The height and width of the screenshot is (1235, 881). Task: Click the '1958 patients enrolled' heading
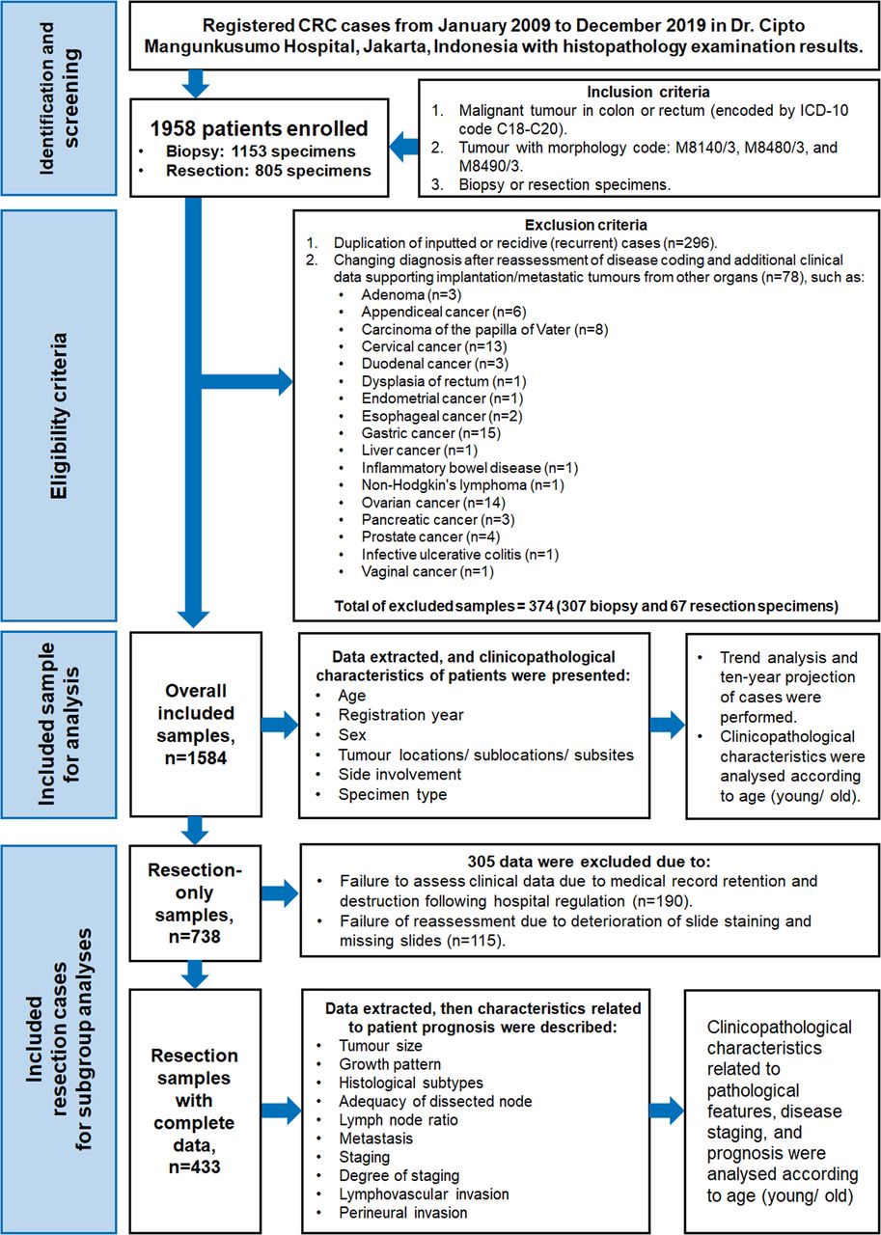pos(259,128)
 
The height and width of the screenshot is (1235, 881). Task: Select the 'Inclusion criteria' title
pos(647,92)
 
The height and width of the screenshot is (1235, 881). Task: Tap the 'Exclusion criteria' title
pos(586,225)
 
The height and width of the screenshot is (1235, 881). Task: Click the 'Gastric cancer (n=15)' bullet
pos(430,433)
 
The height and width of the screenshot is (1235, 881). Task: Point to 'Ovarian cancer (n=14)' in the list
pos(433,503)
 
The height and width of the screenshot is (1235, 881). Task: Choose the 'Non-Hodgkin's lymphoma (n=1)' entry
pos(462,485)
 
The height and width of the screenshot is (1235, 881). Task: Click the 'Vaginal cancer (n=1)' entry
pos(427,572)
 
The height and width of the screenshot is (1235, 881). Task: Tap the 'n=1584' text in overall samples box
pos(196,757)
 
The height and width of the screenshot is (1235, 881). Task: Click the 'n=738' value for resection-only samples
pos(195,936)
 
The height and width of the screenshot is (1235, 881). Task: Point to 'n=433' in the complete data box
pos(195,1166)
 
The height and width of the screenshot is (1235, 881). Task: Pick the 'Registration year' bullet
pos(400,715)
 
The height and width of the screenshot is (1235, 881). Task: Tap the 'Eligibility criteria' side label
pos(59,416)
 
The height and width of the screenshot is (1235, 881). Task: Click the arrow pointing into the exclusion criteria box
pos(246,381)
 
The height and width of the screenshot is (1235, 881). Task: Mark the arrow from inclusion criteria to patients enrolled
pos(403,147)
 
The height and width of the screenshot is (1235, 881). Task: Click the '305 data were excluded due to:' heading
pos(589,862)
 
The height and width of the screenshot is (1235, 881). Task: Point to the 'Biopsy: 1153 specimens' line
pos(261,151)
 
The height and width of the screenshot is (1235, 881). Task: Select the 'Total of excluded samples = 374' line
pos(586,607)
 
